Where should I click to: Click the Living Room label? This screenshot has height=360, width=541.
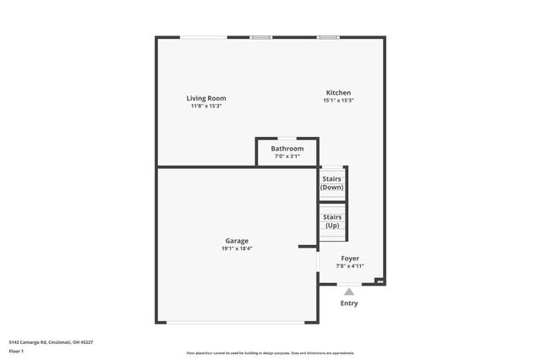pyautogui.click(x=206, y=98)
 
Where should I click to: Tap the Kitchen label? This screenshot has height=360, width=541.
pyautogui.click(x=338, y=93)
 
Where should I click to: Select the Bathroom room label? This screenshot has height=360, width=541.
pyautogui.click(x=287, y=149)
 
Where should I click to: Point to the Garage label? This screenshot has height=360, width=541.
pyautogui.click(x=237, y=241)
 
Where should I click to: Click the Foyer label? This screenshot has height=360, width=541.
pyautogui.click(x=350, y=259)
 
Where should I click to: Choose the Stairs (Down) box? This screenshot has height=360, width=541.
pyautogui.click(x=332, y=183)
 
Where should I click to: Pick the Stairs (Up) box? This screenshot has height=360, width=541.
pyautogui.click(x=332, y=221)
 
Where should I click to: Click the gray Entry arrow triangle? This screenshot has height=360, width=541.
pyautogui.click(x=348, y=292)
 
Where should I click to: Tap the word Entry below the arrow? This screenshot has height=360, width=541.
pyautogui.click(x=348, y=303)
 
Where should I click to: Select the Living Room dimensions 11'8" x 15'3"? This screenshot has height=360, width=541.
pyautogui.click(x=206, y=106)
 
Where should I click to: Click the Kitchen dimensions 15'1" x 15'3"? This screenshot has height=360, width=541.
pyautogui.click(x=338, y=101)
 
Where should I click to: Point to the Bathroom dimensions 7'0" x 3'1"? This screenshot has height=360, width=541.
pyautogui.click(x=287, y=156)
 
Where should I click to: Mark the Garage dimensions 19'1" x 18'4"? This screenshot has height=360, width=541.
pyautogui.click(x=237, y=248)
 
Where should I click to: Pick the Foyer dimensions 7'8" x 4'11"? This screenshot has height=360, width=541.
pyautogui.click(x=350, y=266)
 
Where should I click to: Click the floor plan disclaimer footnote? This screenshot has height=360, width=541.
pyautogui.click(x=270, y=353)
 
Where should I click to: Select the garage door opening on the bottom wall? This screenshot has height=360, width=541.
pyautogui.click(x=237, y=322)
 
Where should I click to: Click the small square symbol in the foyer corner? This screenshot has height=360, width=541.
pyautogui.click(x=380, y=281)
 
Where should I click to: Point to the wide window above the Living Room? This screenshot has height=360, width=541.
pyautogui.click(x=203, y=36)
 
